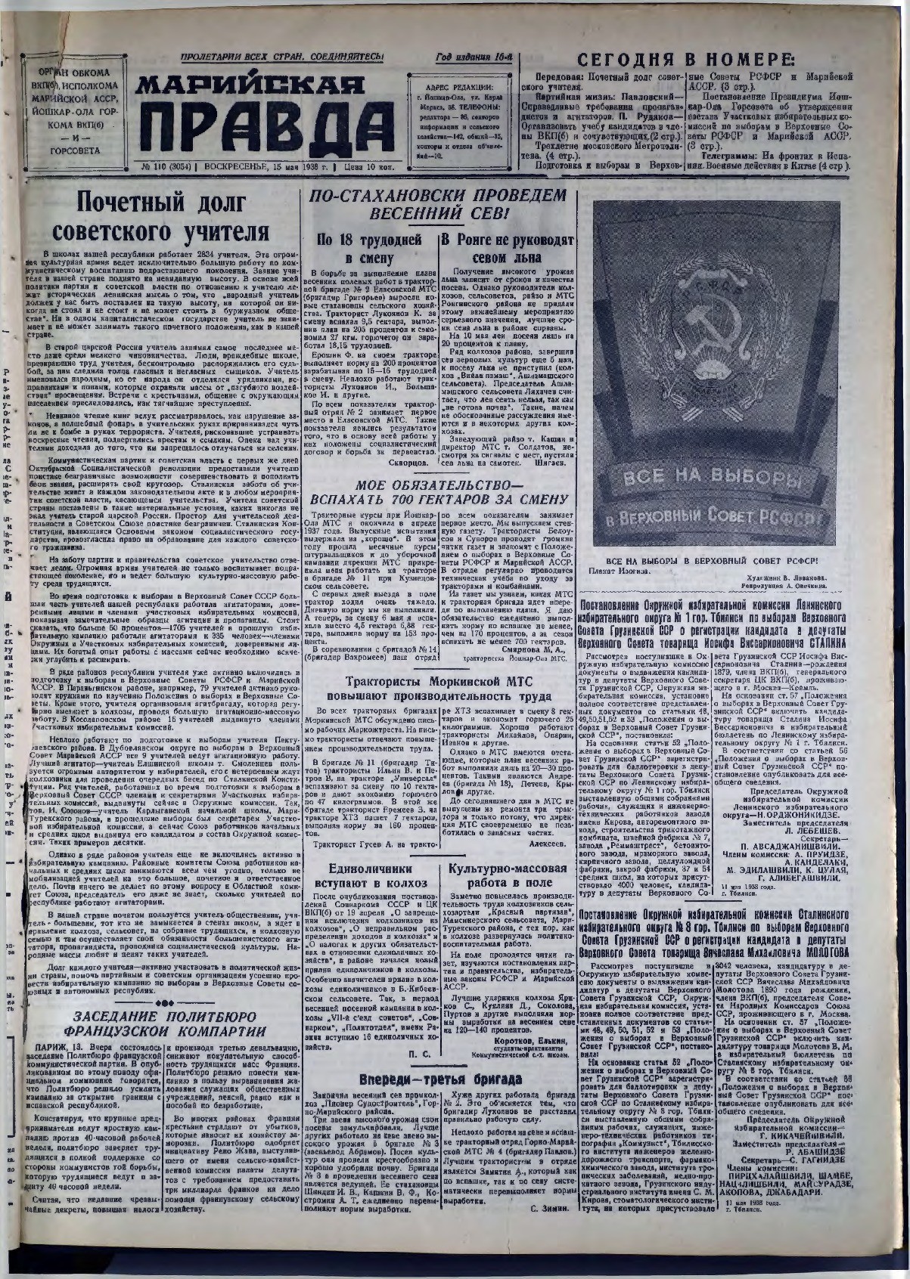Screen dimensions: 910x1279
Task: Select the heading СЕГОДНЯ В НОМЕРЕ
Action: [x=686, y=61]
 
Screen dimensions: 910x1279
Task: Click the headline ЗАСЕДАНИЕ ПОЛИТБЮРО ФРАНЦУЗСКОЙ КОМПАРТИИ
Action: [x=163, y=1023]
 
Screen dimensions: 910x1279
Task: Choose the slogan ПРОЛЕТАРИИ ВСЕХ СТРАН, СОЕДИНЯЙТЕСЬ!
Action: [x=282, y=58]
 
